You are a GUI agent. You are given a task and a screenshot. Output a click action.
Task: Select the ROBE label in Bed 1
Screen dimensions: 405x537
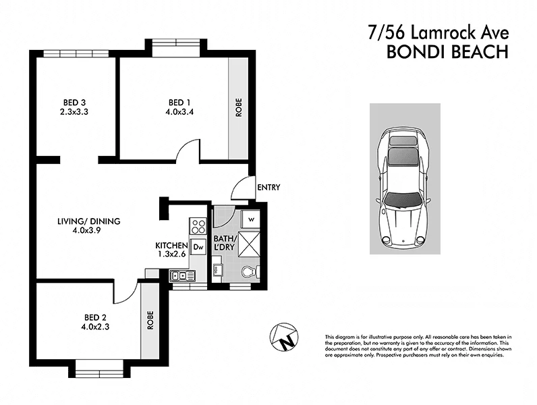click(x=238, y=109)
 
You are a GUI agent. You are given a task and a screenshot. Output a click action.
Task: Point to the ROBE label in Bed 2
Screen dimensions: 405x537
click(x=150, y=319)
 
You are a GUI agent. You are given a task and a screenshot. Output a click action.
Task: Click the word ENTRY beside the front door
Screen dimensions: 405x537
click(x=268, y=188)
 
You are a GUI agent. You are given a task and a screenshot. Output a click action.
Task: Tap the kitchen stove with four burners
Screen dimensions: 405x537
click(x=198, y=225)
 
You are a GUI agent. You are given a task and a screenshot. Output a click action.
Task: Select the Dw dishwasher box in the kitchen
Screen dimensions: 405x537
click(x=198, y=247)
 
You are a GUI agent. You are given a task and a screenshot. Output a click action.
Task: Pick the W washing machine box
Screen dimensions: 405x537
click(x=250, y=219)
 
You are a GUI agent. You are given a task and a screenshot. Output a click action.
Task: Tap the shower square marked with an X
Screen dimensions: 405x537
click(x=248, y=246)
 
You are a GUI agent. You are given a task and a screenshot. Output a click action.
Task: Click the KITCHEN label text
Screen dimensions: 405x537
click(x=171, y=245)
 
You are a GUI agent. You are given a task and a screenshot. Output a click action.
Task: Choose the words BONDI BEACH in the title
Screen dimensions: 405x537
click(x=447, y=53)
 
